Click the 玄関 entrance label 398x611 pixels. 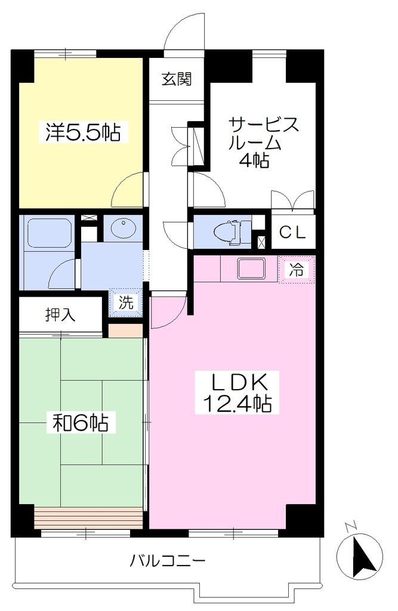[x=177, y=79]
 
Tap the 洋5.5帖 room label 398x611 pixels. [x=83, y=132]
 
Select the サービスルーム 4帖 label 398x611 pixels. [x=263, y=142]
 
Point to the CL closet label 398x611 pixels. [x=292, y=233]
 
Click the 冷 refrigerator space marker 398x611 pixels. [x=296, y=269]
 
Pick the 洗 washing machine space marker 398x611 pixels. [x=126, y=302]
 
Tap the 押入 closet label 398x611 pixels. [x=60, y=314]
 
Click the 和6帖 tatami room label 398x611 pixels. [x=81, y=422]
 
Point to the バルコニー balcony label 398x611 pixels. [x=167, y=561]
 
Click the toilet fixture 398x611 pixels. [x=233, y=232]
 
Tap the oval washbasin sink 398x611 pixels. [x=123, y=227]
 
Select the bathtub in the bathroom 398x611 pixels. [x=48, y=233]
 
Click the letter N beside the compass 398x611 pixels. [x=350, y=526]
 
